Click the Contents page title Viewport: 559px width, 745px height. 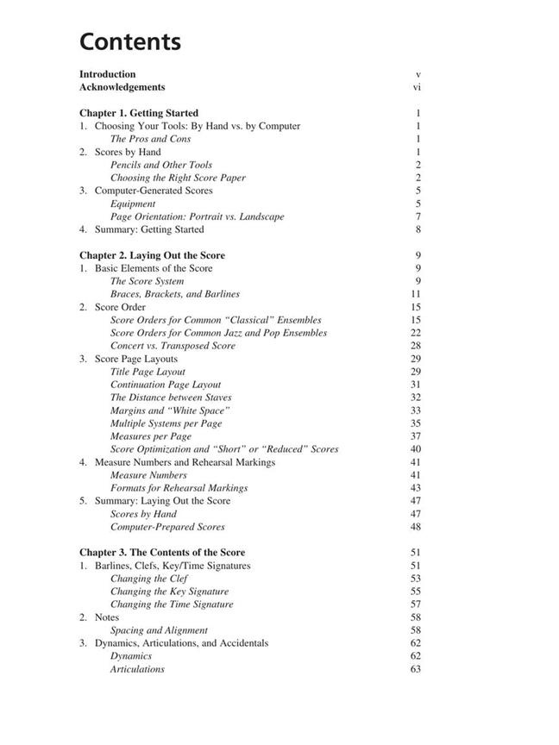click(129, 41)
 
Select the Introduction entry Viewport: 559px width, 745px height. click(107, 74)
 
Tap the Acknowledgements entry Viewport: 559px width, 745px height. click(122, 87)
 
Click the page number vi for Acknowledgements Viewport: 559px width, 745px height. click(417, 87)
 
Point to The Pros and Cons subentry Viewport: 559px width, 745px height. click(150, 139)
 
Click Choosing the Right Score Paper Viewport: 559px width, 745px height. click(178, 178)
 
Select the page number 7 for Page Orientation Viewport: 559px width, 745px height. click(418, 216)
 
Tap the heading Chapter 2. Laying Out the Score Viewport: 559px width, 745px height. click(152, 255)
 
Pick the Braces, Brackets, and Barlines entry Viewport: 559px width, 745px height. click(174, 294)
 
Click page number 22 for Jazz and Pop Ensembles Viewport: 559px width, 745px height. click(416, 333)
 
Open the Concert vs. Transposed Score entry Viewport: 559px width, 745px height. click(173, 346)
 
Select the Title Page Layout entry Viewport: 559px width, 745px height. click(148, 372)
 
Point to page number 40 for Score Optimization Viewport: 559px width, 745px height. click(416, 449)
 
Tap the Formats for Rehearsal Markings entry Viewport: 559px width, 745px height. click(179, 488)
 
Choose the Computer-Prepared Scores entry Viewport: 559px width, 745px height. click(166, 527)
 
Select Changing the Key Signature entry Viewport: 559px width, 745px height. click(169, 592)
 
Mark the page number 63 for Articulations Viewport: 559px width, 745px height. click(416, 669)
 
